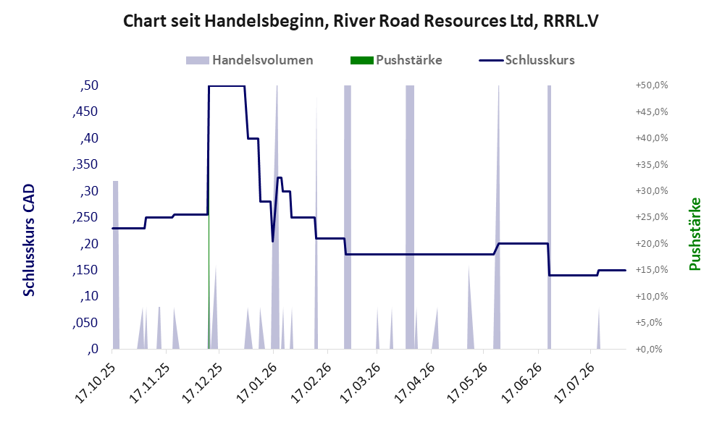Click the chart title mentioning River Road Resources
point(361,21)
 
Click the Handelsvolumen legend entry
point(249,60)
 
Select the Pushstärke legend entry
point(396,60)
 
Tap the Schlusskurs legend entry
point(526,60)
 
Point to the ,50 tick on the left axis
point(89,85)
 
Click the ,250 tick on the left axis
point(85,217)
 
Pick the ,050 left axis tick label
point(85,323)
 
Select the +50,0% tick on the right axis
point(652,85)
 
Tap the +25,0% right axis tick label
point(652,217)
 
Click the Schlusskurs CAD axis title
point(29,240)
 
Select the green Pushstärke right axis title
point(694,234)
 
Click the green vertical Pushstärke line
point(209,282)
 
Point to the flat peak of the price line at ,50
point(227,86)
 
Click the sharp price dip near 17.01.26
point(272,241)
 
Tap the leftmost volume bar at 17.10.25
point(116,265)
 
